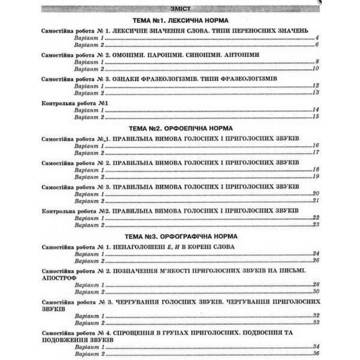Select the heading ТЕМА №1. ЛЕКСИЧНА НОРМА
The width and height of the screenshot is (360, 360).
[180, 20]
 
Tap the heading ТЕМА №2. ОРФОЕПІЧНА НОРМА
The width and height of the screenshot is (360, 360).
[180, 128]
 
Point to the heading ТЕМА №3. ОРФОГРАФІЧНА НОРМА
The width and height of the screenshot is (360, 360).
[180, 236]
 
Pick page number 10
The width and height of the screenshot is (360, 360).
[314, 70]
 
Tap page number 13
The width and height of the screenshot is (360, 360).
[314, 94]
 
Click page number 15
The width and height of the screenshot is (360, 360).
[314, 117]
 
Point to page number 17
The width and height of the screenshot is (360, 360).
[314, 154]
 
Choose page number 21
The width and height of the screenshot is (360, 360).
[314, 201]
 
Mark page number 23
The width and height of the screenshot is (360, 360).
[314, 225]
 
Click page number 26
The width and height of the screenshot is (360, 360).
[314, 261]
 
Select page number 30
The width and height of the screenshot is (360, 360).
[314, 292]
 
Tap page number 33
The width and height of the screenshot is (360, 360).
[314, 322]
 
